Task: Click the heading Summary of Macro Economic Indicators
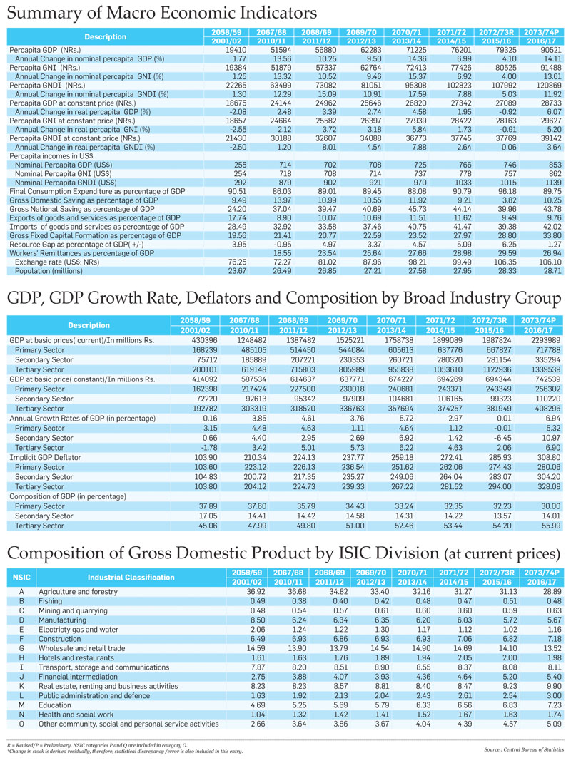pyautogui.click(x=162, y=13)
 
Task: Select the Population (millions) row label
pyautogui.click(x=49, y=271)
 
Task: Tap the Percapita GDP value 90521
pyautogui.click(x=550, y=50)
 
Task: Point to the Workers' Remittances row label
pyautogui.click(x=82, y=254)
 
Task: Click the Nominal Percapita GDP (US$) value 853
pyautogui.click(x=555, y=165)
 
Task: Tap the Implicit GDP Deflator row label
pyautogui.click(x=45, y=457)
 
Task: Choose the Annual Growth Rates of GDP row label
pyautogui.click(x=83, y=419)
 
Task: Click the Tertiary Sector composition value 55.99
pyautogui.click(x=550, y=526)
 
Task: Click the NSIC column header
pyautogui.click(x=21, y=578)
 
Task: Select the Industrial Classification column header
pyautogui.click(x=131, y=578)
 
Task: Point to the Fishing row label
pyautogui.click(x=50, y=601)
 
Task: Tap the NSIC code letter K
pyautogui.click(x=21, y=687)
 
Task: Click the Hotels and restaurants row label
pyautogui.click(x=76, y=658)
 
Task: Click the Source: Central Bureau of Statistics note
pyautogui.click(x=524, y=750)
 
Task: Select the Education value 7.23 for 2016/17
pyautogui.click(x=553, y=705)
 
